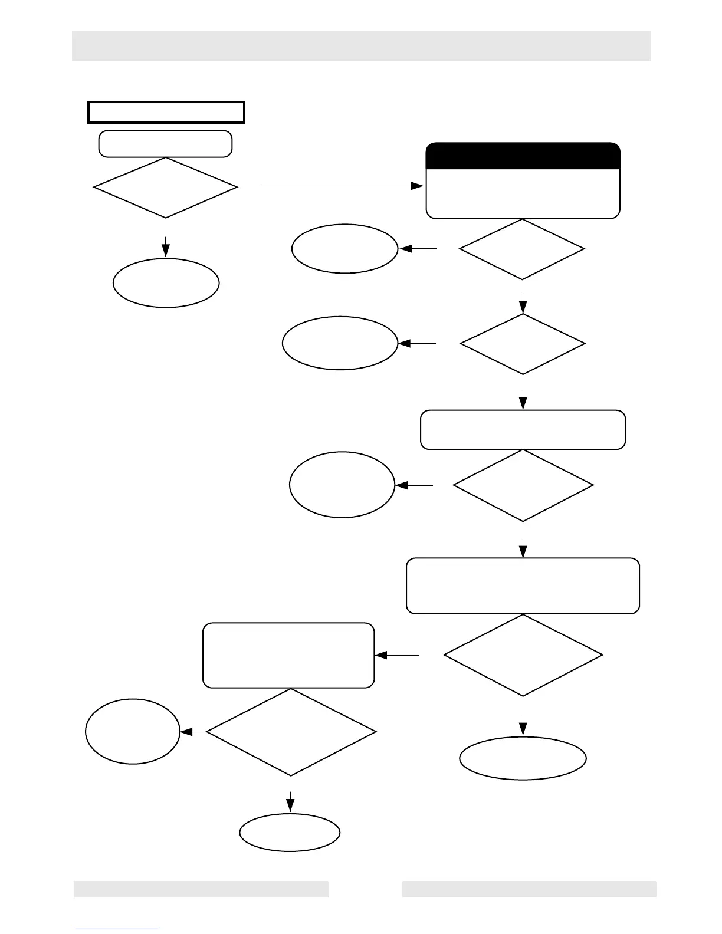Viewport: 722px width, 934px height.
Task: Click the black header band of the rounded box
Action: click(x=523, y=156)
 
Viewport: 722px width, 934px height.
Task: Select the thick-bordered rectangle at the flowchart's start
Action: click(x=166, y=112)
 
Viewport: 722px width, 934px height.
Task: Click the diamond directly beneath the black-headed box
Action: click(x=522, y=249)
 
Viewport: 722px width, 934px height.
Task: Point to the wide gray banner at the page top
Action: click(x=361, y=45)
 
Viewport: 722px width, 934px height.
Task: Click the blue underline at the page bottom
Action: click(x=117, y=929)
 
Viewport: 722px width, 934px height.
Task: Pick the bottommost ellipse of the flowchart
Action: click(x=290, y=832)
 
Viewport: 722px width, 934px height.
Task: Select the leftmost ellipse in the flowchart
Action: click(x=133, y=731)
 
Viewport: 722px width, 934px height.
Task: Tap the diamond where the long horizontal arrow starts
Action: click(x=166, y=188)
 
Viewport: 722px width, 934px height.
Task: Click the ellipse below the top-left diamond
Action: click(x=166, y=282)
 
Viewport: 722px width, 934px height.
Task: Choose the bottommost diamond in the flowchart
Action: click(x=291, y=732)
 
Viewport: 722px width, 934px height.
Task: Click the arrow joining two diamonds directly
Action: click(x=523, y=303)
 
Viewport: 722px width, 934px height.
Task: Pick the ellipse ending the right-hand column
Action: click(x=523, y=758)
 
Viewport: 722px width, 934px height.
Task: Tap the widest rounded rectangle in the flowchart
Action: click(x=523, y=586)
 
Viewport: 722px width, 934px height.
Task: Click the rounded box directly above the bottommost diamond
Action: click(x=288, y=655)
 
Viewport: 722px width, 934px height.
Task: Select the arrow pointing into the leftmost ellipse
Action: click(x=193, y=732)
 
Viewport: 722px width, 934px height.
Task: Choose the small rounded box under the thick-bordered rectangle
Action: click(x=165, y=144)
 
